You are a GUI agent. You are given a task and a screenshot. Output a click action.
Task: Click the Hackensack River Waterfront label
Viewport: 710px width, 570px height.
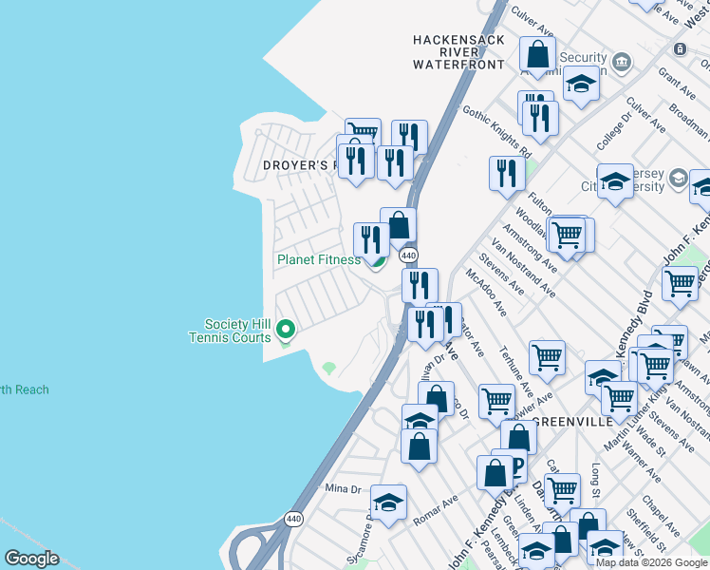pos(458,52)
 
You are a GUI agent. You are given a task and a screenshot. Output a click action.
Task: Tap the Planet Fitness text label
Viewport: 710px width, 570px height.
pos(318,259)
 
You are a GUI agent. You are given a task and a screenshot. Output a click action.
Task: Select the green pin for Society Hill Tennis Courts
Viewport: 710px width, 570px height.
pos(286,331)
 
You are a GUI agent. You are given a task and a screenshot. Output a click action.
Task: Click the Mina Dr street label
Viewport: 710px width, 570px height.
pos(344,489)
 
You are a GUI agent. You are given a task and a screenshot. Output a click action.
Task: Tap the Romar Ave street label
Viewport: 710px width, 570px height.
pos(436,511)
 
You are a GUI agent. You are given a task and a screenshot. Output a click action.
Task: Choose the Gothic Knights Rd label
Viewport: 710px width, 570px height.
pos(496,132)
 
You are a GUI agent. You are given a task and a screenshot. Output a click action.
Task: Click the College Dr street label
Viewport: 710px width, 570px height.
pos(614,134)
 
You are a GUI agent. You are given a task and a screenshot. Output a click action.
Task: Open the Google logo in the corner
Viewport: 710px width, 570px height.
pos(31,559)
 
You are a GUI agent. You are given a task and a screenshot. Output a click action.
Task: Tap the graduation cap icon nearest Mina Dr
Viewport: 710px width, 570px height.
pos(388,503)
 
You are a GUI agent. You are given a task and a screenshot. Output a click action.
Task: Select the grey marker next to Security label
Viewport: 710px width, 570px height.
pos(621,63)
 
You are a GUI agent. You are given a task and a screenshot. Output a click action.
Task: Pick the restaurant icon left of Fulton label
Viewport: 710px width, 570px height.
pos(507,173)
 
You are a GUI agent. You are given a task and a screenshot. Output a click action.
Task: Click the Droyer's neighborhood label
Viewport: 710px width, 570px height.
pos(300,165)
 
